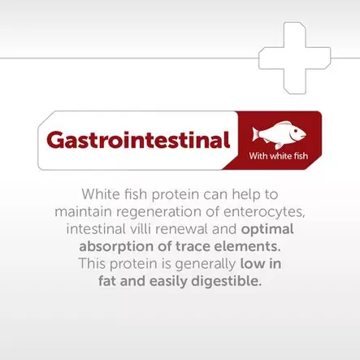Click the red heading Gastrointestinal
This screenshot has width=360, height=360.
(x=138, y=140)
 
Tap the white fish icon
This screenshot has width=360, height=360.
(x=279, y=133)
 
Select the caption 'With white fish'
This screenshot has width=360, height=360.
(x=278, y=156)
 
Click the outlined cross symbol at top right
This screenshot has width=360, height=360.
(x=294, y=57)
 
